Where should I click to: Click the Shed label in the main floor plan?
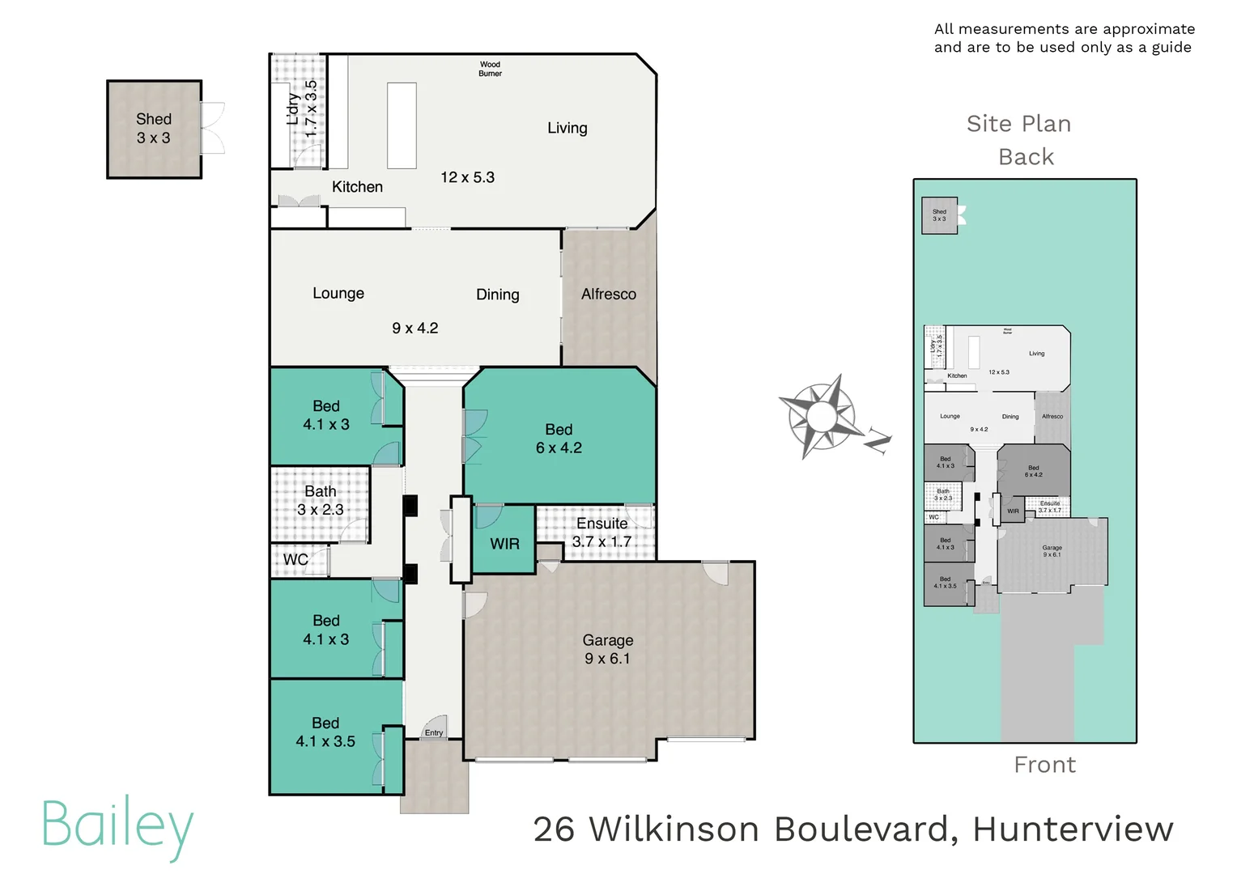(x=153, y=119)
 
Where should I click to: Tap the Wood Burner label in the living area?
(x=490, y=69)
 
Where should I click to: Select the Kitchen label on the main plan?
(x=357, y=187)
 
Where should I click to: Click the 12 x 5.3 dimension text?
(x=467, y=177)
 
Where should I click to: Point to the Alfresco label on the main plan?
(x=608, y=295)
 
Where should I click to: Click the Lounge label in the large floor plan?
(x=338, y=293)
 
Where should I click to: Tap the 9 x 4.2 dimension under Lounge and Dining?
(x=414, y=328)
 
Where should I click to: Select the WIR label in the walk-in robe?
(x=504, y=544)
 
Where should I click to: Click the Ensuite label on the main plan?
(x=601, y=524)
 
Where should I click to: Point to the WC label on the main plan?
(x=295, y=559)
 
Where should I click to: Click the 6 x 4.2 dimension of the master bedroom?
(x=559, y=448)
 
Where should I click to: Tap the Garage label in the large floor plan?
(x=607, y=640)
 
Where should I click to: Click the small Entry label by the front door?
(x=434, y=733)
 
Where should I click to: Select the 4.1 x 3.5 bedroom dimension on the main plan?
(x=325, y=741)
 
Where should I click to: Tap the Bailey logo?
(x=117, y=825)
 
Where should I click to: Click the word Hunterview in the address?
(x=1073, y=829)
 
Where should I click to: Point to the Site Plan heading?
(x=1018, y=124)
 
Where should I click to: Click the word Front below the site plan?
(x=1044, y=765)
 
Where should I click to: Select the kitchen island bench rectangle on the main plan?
(x=402, y=125)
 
